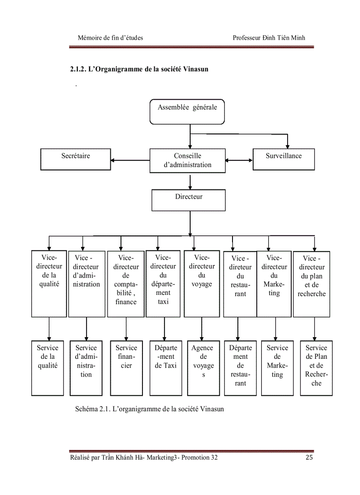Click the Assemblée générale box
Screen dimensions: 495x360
pos(187,112)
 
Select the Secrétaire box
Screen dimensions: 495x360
pos(75,159)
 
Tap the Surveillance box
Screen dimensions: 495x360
pos(284,159)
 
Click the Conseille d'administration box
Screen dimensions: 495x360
pos(187,160)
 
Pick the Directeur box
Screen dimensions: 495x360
pos(188,200)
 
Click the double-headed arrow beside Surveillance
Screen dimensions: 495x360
pos(239,160)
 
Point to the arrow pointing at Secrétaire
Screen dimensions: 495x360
pos(130,160)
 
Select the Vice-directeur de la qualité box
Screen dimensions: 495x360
pos(48,283)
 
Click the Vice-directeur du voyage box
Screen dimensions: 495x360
pos(202,283)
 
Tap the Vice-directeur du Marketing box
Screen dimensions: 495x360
pos(274,283)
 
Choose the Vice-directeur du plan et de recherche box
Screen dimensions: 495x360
pos(311,283)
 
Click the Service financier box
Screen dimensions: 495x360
pos(126,368)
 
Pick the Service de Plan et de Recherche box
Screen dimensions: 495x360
pos(316,368)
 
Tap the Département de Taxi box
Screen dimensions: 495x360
pos(165,368)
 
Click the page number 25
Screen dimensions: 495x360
pos(309,458)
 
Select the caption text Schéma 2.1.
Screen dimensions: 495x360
pos(92,409)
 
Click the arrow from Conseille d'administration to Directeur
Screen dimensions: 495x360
pos(190,181)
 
